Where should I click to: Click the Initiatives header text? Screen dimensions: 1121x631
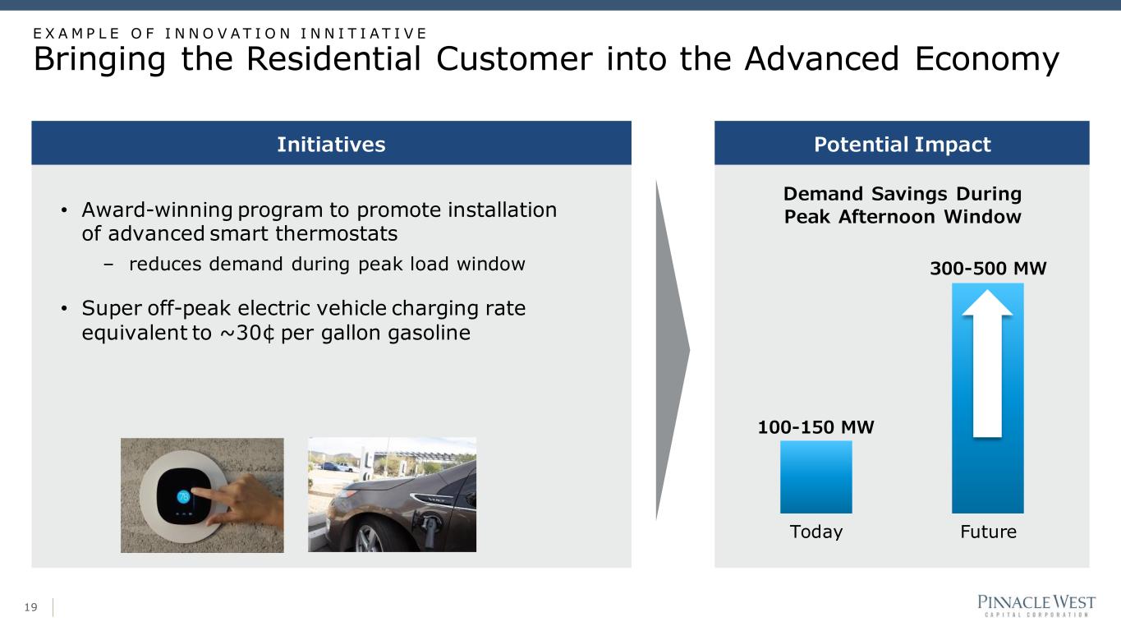point(331,145)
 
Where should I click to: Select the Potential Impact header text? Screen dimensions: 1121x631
point(903,145)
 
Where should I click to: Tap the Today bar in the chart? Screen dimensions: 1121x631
point(815,477)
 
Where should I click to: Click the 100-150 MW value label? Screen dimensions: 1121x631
point(815,427)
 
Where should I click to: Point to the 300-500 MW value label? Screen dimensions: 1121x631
point(988,269)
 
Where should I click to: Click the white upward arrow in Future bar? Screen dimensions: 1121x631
point(987,364)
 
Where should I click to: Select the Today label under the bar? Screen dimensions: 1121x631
point(816,532)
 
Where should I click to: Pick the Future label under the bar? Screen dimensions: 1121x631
point(989,532)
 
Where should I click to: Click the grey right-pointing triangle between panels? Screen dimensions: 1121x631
point(673,350)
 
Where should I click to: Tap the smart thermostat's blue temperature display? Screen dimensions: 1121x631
point(183,497)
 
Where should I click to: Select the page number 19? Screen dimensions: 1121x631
point(30,607)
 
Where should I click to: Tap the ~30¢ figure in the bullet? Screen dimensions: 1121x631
point(247,333)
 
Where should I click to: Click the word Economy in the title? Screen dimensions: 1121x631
point(987,60)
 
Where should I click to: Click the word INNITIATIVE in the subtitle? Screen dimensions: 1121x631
point(364,34)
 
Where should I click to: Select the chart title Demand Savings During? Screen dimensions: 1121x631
point(903,194)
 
